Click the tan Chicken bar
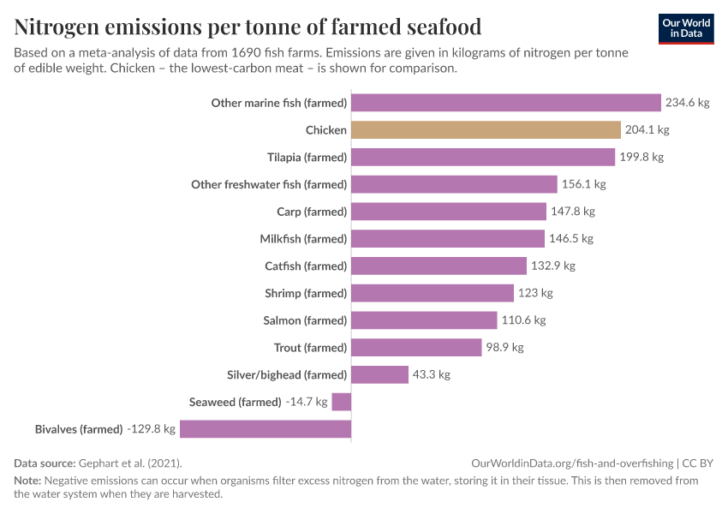(x=486, y=130)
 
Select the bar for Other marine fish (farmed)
(x=506, y=103)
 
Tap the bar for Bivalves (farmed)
(x=266, y=429)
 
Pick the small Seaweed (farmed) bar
(x=342, y=402)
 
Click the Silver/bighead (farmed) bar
(x=379, y=374)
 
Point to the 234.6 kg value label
(x=688, y=103)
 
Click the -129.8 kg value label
(x=151, y=429)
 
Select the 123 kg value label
(x=535, y=293)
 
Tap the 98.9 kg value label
(x=505, y=348)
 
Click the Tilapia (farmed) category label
(x=307, y=158)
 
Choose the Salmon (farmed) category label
(x=305, y=320)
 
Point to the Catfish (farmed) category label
(x=306, y=266)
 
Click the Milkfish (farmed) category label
(x=303, y=239)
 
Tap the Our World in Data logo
(x=686, y=28)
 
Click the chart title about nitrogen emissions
(x=248, y=27)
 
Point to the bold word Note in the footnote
(x=27, y=481)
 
